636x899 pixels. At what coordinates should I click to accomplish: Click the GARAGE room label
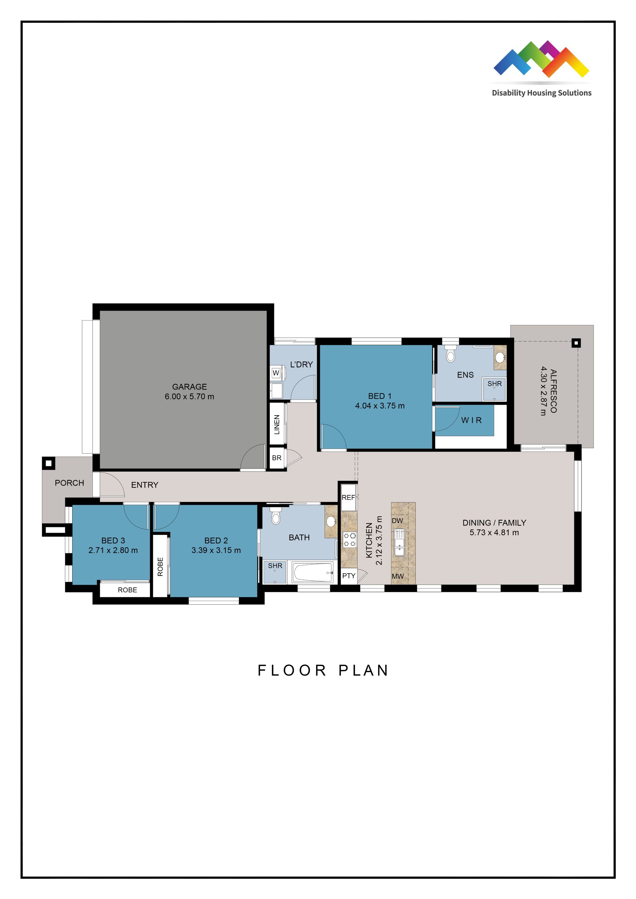pos(189,386)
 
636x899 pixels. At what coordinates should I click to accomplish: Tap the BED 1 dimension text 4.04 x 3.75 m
pos(379,406)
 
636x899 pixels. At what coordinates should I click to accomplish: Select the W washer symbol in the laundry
pos(276,373)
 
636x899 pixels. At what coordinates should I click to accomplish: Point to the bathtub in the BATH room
pos(313,573)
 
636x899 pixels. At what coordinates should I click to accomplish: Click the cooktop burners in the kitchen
pos(349,540)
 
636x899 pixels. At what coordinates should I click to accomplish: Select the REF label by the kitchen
pos(348,498)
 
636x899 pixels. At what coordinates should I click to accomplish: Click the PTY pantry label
pos(349,576)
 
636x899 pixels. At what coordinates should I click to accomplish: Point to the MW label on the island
pos(397,576)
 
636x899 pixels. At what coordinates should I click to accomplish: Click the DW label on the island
pos(397,521)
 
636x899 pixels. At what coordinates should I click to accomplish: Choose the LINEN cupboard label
pos(277,425)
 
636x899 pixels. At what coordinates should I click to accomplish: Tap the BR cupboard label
pos(277,458)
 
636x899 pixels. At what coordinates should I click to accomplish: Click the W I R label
pos(471,420)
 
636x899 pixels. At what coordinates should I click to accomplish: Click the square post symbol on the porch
pos(49,463)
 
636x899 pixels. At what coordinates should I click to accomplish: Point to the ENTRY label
pos(144,485)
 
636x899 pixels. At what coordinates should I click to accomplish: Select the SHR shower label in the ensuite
pos(494,384)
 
